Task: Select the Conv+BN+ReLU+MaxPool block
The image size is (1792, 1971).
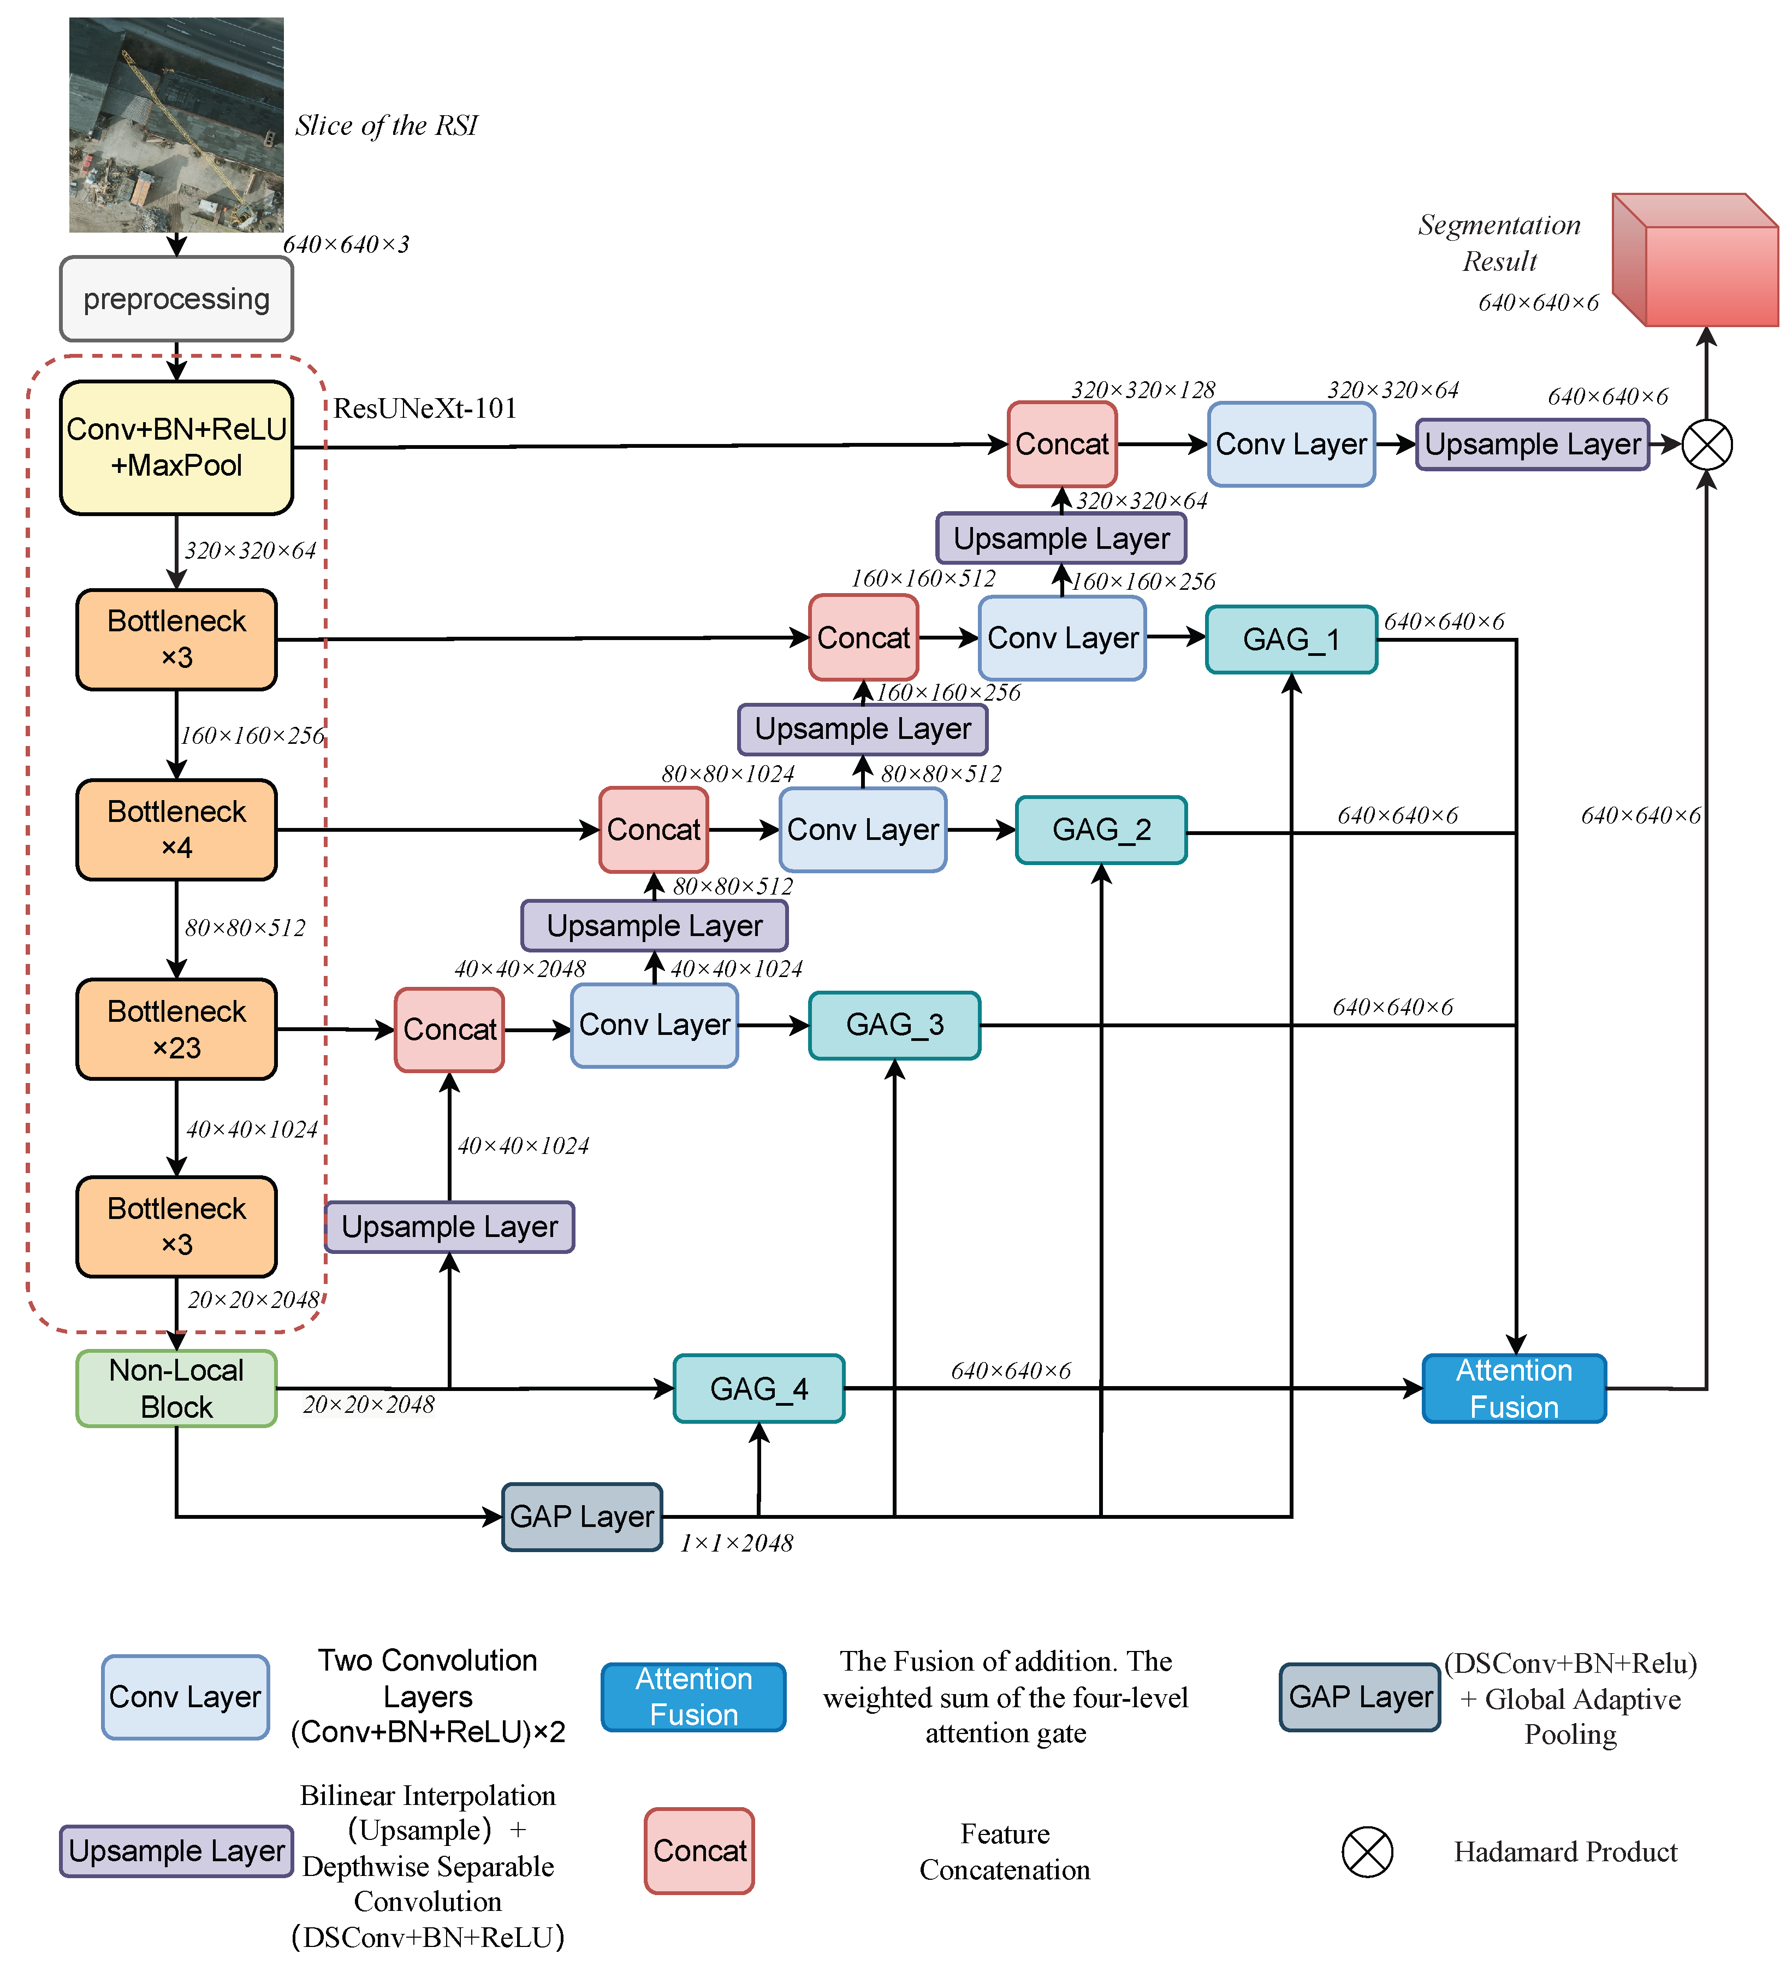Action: (x=176, y=447)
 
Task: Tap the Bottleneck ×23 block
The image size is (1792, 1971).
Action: (x=176, y=1029)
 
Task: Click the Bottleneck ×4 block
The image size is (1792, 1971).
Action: (x=176, y=829)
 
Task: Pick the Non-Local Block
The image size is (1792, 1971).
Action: (x=176, y=1388)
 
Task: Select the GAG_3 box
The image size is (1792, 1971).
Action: (x=894, y=1025)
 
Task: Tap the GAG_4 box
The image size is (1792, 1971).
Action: (x=758, y=1388)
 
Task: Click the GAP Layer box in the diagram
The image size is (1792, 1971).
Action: (x=581, y=1517)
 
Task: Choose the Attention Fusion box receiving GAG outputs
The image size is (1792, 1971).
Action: (x=1514, y=1388)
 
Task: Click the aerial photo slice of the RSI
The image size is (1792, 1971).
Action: (x=176, y=125)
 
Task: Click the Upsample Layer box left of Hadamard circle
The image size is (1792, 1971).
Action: (x=1532, y=445)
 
